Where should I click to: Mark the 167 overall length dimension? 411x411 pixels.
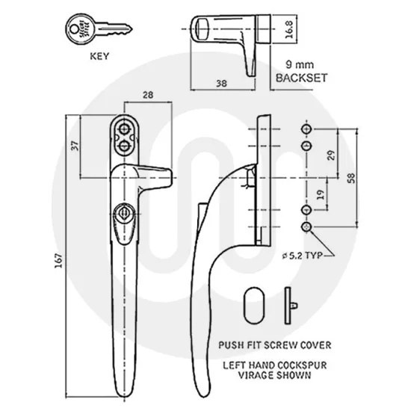(x=57, y=259)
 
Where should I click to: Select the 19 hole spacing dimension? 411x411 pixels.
(x=320, y=197)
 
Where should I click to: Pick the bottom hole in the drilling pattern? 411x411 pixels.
(x=306, y=226)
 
